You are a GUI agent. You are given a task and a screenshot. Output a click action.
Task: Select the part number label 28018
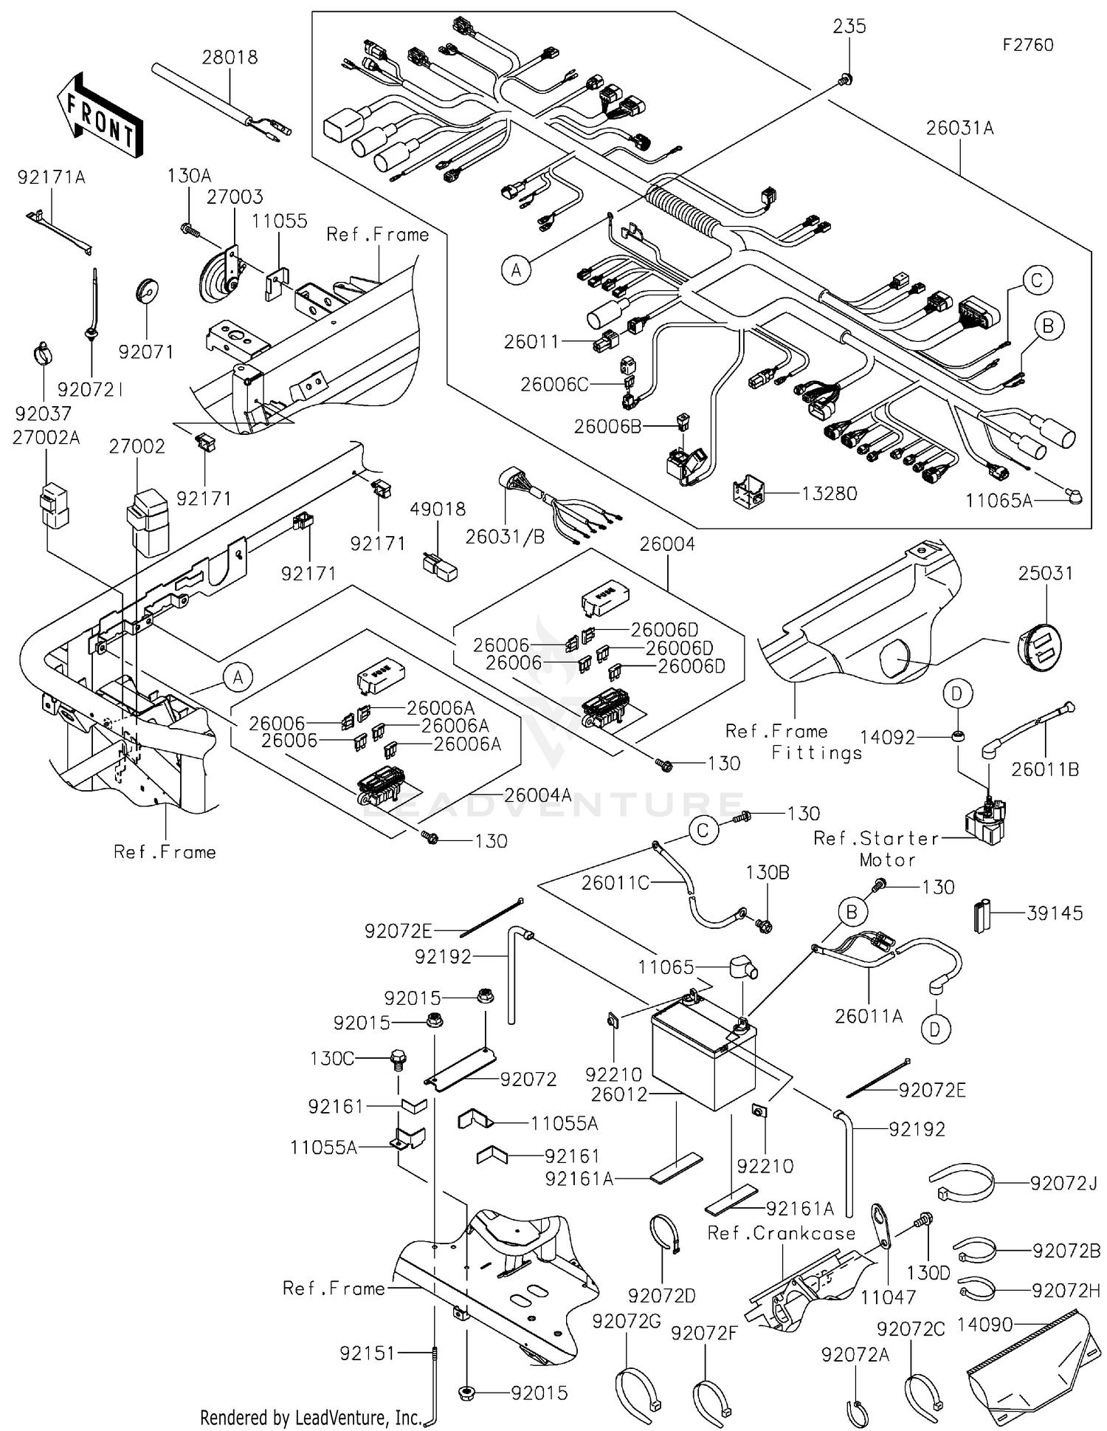pos(230,57)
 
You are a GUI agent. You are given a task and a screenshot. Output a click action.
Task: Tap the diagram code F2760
pos(1027,45)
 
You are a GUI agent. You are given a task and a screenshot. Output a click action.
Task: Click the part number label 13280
pos(830,493)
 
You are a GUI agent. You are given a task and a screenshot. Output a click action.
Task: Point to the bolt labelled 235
pos(846,78)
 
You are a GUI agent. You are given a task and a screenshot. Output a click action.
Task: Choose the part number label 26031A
pos(959,128)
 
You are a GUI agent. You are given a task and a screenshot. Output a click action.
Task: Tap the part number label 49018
pos(438,509)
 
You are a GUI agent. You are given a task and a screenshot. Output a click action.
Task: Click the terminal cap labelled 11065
pos(742,968)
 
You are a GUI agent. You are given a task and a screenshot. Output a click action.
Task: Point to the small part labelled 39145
pos(982,916)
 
